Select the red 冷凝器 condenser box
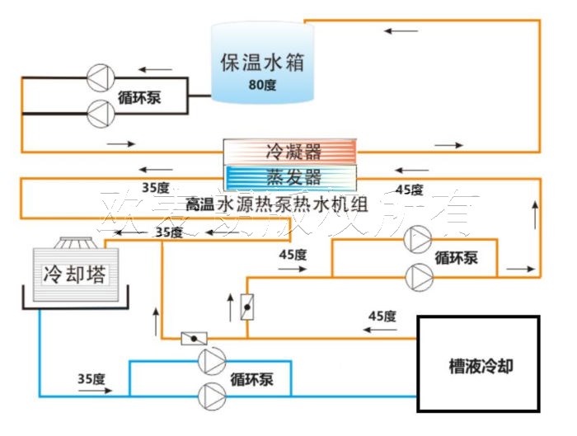(291, 152)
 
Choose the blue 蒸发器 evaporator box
(291, 177)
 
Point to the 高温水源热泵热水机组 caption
(279, 202)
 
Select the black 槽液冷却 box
(478, 364)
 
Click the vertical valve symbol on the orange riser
(246, 307)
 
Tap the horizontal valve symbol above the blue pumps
(194, 338)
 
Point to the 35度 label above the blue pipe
(91, 379)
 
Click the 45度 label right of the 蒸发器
(409, 189)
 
